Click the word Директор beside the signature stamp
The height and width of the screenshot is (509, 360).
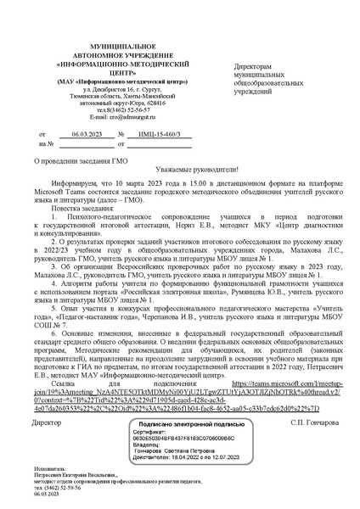click(46, 422)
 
